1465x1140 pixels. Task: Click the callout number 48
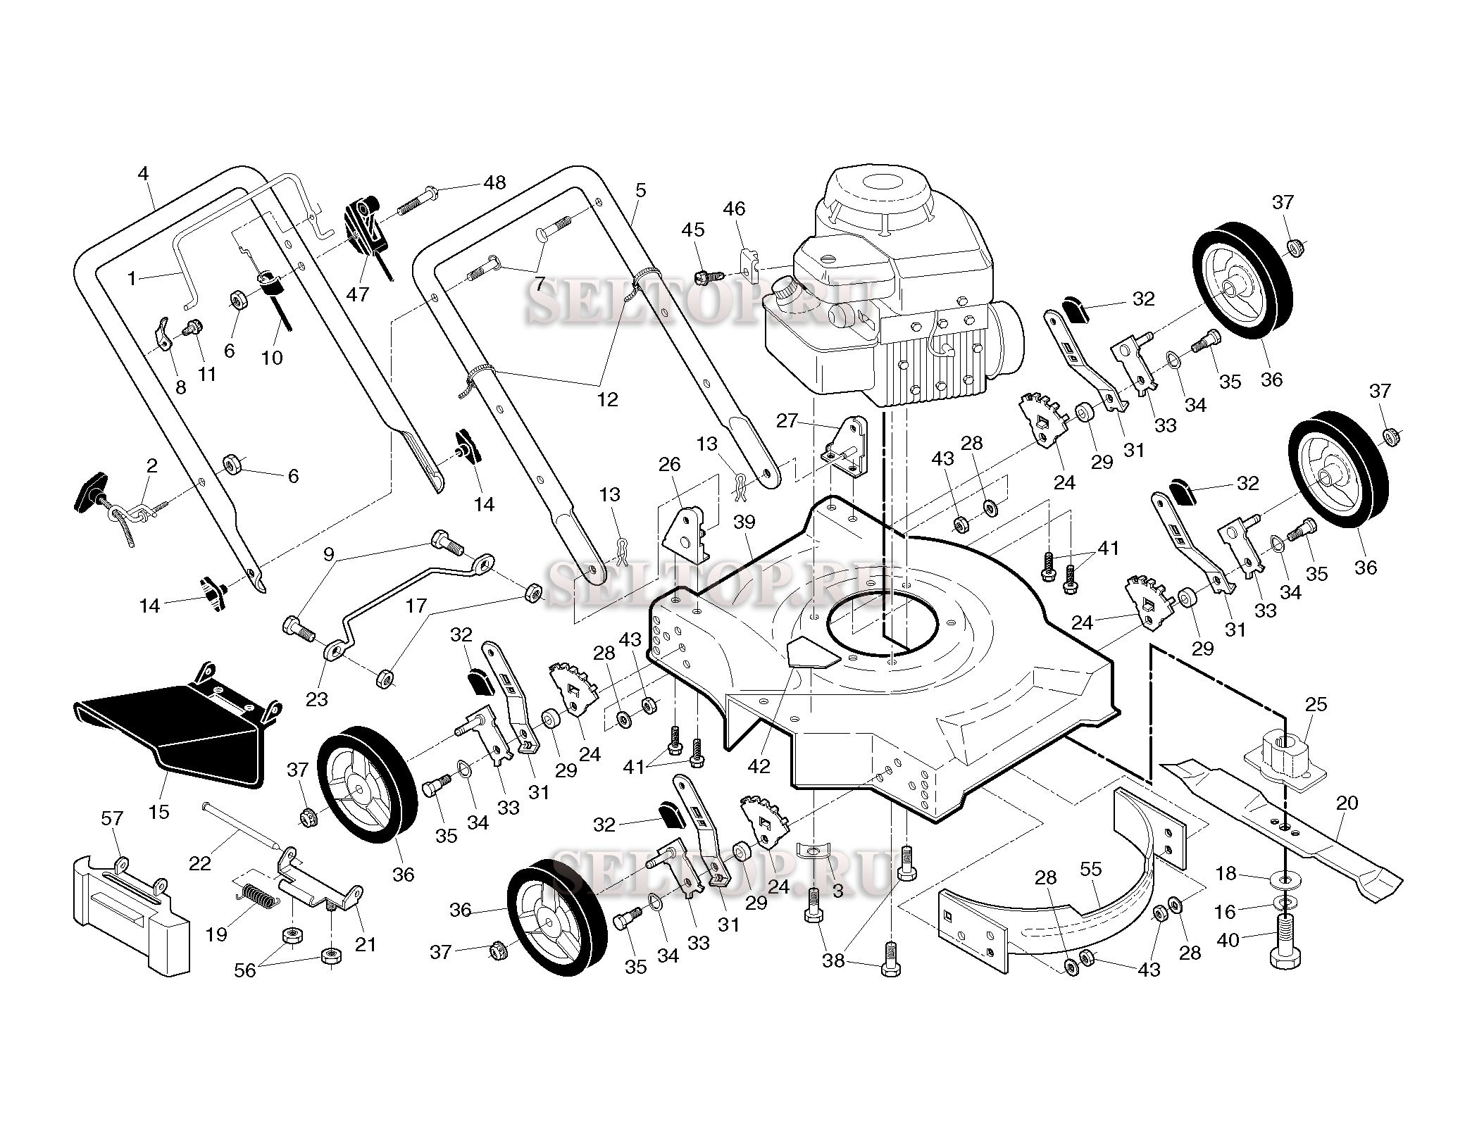495,182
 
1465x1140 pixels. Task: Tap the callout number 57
112,818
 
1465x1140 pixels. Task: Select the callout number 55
1090,870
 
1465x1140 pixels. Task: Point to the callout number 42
759,766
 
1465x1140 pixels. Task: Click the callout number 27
787,421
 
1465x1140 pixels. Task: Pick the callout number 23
317,699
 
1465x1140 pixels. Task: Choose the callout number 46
734,208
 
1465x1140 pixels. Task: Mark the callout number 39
744,522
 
